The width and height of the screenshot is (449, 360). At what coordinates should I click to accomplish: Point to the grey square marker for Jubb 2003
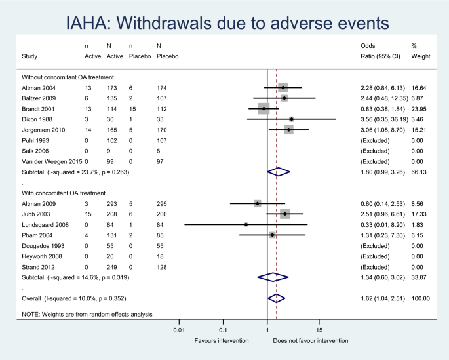click(285, 214)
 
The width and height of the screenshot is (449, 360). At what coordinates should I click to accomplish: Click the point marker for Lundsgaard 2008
click(246, 224)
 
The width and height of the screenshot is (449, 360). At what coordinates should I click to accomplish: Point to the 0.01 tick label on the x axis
click(178, 330)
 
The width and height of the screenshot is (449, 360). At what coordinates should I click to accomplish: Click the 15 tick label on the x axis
click(319, 330)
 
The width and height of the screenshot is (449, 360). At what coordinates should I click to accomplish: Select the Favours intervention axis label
click(222, 341)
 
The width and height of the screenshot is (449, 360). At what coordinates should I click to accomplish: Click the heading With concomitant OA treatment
click(64, 193)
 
